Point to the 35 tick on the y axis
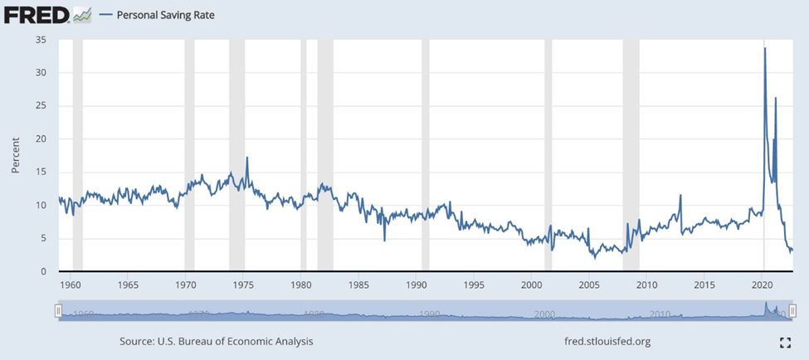click(x=41, y=40)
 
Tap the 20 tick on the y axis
click(x=41, y=139)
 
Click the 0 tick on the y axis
click(x=43, y=272)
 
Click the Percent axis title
click(x=15, y=155)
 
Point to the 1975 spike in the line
click(x=246, y=158)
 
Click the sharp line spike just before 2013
click(x=680, y=195)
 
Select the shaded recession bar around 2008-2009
click(x=631, y=155)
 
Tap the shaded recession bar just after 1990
click(x=426, y=155)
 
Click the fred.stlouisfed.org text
click(x=607, y=341)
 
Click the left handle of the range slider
click(x=58, y=310)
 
